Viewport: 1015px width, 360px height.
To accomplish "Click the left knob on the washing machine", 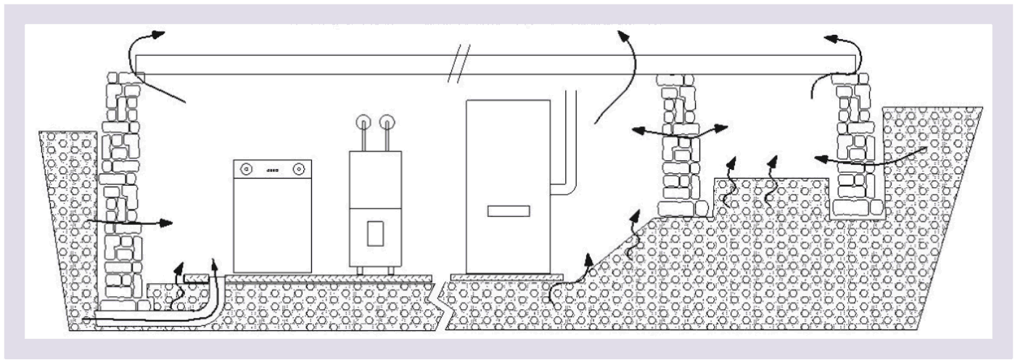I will point(246,169).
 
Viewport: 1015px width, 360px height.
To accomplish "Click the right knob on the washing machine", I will point(298,169).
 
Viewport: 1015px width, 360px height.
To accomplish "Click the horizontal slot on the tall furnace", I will point(508,211).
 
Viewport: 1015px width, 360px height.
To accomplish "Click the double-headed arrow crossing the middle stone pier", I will point(678,131).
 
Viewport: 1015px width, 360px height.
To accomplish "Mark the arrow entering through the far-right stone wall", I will point(871,160).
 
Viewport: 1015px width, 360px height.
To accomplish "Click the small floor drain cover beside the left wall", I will point(195,279).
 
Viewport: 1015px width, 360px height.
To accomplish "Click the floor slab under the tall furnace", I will point(506,277).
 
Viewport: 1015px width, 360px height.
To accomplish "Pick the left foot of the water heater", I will point(358,270).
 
